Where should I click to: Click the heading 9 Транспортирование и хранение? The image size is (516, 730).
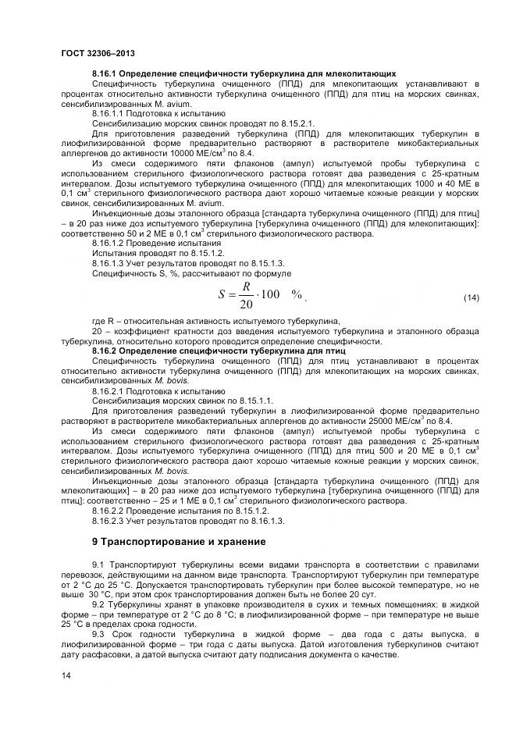[179, 541]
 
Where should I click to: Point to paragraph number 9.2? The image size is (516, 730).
[98, 604]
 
